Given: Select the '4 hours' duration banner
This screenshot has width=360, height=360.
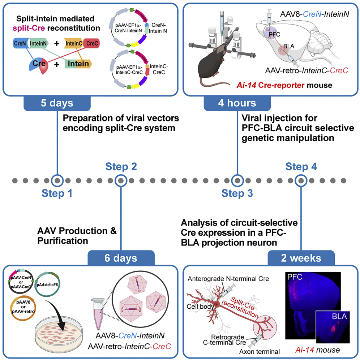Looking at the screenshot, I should point(237,103).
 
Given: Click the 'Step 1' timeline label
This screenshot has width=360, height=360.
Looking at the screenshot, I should point(57,193).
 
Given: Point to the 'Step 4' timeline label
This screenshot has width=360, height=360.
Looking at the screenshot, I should point(301,167).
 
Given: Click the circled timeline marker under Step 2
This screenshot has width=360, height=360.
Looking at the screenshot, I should point(120,180).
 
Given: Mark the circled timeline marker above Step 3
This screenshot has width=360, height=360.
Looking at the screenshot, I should point(237,180).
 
